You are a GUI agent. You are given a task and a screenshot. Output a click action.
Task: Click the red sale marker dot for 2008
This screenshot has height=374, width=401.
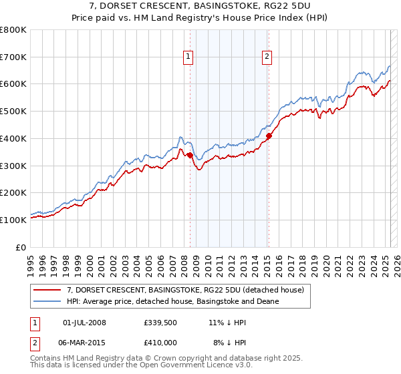190,155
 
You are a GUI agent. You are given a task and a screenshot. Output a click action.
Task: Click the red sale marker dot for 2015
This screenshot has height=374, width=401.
268,136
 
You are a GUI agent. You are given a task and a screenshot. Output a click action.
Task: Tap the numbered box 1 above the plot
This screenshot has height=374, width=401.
188,57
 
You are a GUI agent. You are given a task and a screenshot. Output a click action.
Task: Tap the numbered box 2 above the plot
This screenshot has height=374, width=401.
267,57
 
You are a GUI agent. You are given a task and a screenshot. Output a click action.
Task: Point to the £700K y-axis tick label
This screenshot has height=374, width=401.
13,57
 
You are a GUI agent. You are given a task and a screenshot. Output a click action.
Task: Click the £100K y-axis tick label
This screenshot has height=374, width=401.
13,220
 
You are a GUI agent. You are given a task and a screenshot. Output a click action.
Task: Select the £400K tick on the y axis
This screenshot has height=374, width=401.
13,138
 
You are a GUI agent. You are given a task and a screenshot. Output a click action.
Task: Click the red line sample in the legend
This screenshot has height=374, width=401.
47,290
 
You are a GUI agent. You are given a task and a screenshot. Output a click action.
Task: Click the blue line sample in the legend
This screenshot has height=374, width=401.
47,301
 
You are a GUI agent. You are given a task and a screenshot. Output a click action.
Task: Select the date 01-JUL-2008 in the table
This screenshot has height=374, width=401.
84,323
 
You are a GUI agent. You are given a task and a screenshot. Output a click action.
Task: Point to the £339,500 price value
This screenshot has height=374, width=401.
159,323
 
